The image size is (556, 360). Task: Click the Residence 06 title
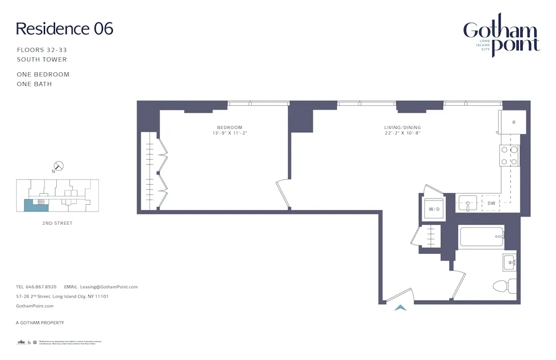tap(64, 29)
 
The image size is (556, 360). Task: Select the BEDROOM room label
tap(227, 127)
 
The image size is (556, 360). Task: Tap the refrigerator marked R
tap(513, 122)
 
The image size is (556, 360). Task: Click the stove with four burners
tap(509, 155)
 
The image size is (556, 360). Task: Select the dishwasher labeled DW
tap(491, 203)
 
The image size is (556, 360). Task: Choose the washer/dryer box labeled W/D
tap(434, 209)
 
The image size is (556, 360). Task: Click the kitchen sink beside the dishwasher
tap(468, 203)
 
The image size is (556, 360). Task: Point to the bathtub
tap(481, 238)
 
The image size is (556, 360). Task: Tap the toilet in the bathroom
tap(503, 287)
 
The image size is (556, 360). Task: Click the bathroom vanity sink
tap(509, 262)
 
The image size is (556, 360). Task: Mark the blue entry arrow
tap(400, 307)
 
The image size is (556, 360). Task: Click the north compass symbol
tap(58, 166)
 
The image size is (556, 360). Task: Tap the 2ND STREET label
tap(57, 223)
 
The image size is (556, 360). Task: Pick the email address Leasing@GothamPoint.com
tap(109, 287)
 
